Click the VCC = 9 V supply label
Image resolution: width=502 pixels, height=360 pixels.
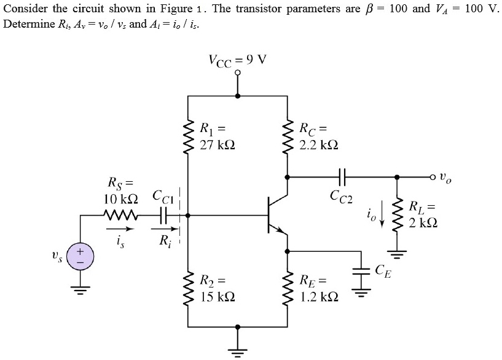(237, 60)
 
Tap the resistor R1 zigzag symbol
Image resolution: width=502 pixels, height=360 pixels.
(187, 136)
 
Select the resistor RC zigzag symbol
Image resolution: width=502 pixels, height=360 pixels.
(286, 136)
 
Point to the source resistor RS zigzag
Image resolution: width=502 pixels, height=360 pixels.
(123, 216)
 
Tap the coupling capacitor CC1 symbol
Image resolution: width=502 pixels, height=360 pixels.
(163, 216)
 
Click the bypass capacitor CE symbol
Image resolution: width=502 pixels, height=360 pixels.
(361, 271)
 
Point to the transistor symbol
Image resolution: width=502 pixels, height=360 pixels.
(273, 216)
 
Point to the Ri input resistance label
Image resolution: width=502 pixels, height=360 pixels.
(164, 241)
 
